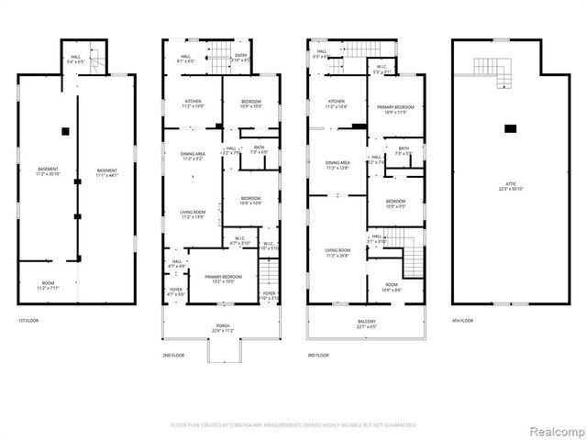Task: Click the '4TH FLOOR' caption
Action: [x=462, y=320]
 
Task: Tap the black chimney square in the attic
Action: [x=510, y=127]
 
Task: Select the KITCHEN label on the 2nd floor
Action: [x=193, y=103]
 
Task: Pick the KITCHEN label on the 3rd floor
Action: [x=337, y=104]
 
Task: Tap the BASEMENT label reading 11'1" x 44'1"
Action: [x=107, y=173]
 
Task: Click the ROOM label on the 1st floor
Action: [x=46, y=285]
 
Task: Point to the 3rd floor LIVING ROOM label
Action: [x=337, y=251]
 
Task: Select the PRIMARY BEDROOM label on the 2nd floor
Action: [x=223, y=278]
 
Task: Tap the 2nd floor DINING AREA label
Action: [x=193, y=156]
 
